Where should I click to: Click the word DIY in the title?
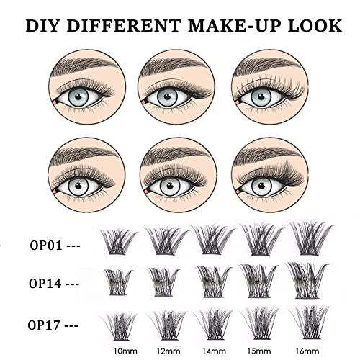[x=43, y=27]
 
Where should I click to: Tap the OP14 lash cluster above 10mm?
[x=119, y=279]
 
